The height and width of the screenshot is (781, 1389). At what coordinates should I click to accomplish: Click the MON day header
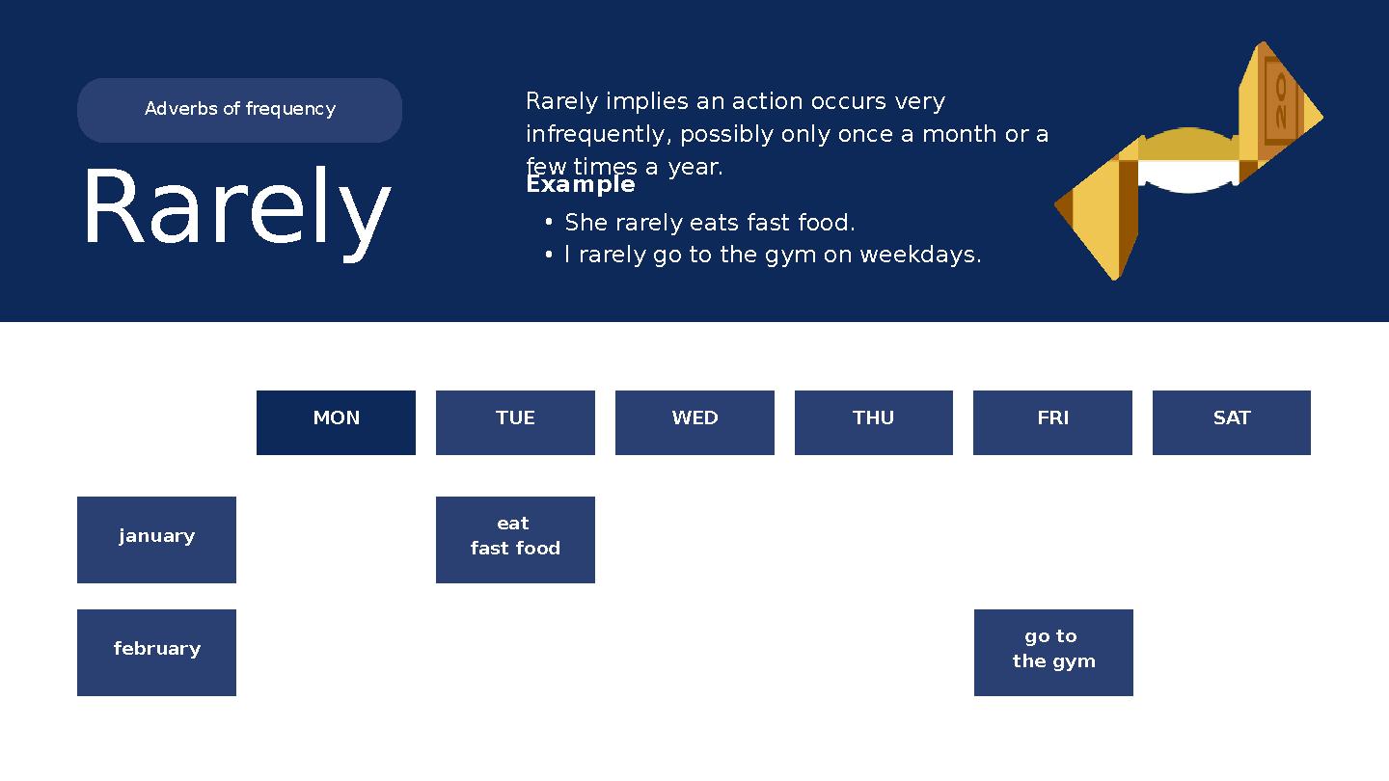click(336, 422)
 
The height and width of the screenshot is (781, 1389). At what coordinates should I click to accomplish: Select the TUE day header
click(515, 422)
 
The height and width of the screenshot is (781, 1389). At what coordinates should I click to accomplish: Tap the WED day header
click(694, 422)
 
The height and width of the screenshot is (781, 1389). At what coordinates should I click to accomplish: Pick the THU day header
click(873, 422)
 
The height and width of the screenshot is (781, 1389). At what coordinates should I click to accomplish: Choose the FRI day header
click(1052, 422)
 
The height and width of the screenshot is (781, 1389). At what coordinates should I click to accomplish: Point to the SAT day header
click(1231, 422)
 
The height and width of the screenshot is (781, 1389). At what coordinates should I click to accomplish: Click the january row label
click(156, 540)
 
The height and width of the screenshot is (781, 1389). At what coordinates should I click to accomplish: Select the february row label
click(156, 653)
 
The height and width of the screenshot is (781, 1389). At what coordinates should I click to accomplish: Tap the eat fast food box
click(515, 540)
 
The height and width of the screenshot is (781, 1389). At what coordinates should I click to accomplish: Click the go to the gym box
click(1053, 653)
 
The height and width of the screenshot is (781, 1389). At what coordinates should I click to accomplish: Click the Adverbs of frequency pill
click(239, 110)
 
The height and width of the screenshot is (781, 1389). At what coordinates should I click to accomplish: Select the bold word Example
click(581, 184)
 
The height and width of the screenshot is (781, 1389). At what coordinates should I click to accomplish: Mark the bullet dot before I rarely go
click(548, 255)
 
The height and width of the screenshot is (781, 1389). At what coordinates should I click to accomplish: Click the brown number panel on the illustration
click(1280, 102)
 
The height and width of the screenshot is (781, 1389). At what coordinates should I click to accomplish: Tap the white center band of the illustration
click(1187, 175)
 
